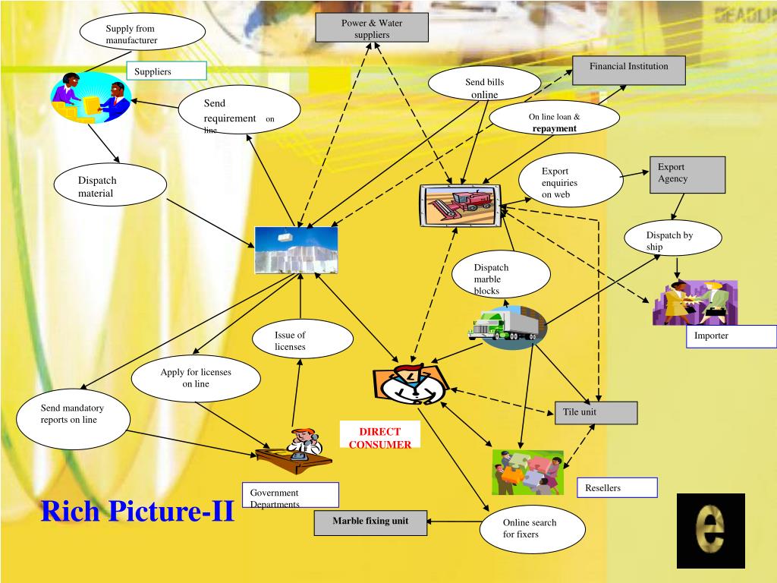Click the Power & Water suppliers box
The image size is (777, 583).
(372, 28)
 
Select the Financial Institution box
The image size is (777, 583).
(628, 70)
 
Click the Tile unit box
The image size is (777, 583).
(596, 412)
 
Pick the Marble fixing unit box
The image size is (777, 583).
(370, 522)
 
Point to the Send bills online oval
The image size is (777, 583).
(484, 86)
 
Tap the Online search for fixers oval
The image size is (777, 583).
(533, 528)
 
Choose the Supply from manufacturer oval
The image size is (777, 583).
(143, 33)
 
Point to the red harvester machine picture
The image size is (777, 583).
(461, 205)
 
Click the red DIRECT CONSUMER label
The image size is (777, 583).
(379, 438)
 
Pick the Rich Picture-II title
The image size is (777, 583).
(137, 511)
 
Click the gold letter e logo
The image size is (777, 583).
(710, 531)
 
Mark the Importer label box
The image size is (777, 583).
(731, 336)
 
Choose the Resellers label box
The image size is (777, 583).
(617, 487)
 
